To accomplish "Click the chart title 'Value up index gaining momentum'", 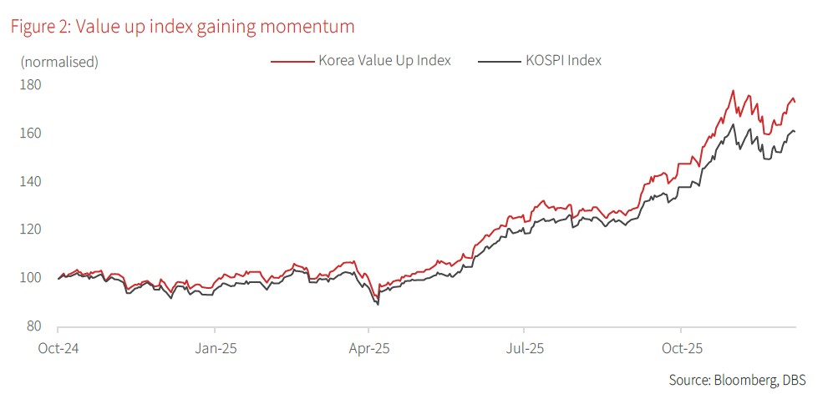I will pos(182,27).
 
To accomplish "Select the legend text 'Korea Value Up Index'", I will pos(384,60).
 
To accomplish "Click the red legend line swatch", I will pos(292,61).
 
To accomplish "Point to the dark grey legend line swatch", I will pos(499,61).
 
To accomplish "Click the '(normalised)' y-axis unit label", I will pos(59,61).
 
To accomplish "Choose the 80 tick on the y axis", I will pos(33,326).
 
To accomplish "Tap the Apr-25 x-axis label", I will pos(371,347).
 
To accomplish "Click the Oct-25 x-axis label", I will pos(681,347).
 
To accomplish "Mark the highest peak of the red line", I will pos(733,91).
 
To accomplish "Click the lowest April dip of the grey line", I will pos(378,304).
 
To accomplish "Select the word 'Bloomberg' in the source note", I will pos(742,381).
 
